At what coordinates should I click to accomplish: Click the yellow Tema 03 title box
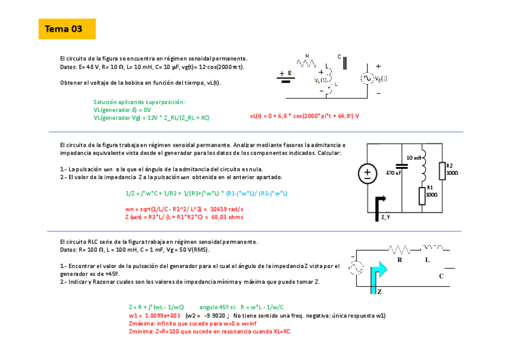coord(67,29)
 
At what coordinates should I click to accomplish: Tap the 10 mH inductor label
coord(414,157)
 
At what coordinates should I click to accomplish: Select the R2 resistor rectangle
coord(441,171)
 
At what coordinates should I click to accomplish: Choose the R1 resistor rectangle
coord(421,195)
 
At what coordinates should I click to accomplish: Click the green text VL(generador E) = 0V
coord(122,110)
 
